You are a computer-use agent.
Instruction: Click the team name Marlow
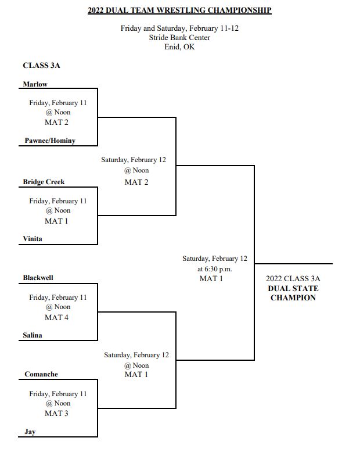[35, 84]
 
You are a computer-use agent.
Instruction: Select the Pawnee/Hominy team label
[50, 141]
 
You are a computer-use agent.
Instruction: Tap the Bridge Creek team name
[44, 182]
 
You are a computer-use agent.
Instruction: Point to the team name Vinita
[33, 239]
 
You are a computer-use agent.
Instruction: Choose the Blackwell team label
[38, 278]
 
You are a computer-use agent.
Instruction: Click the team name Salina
[33, 335]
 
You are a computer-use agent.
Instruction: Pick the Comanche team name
[41, 374]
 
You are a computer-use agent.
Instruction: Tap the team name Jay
[30, 432]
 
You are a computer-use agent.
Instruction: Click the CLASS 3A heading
[41, 66]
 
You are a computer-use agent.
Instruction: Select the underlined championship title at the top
[180, 10]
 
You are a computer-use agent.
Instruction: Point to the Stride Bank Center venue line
[180, 38]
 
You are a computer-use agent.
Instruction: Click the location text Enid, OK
[180, 46]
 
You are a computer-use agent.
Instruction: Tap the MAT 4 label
[56, 318]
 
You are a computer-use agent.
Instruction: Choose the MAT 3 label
[56, 414]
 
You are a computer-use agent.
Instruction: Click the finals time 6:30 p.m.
[218, 269]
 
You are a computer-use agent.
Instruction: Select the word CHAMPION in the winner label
[293, 298]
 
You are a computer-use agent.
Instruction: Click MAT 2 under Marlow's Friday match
[56, 123]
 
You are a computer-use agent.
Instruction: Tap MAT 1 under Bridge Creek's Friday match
[56, 221]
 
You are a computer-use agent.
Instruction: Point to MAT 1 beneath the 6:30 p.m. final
[211, 279]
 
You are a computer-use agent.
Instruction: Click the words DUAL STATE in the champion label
[293, 288]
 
